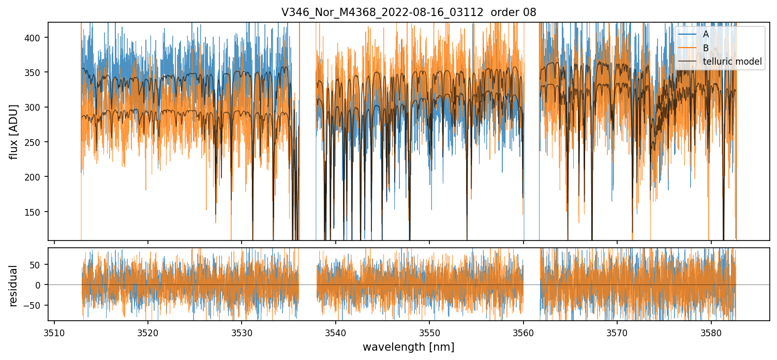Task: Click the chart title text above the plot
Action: [409, 12]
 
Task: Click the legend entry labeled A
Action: [706, 35]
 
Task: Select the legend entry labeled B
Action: [706, 48]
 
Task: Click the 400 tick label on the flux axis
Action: [37, 38]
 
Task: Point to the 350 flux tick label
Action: [37, 72]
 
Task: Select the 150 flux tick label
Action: [37, 212]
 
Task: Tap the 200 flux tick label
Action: [37, 177]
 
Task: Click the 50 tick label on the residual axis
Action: [40, 264]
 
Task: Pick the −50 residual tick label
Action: [38, 305]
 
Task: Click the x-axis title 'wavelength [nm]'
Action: [408, 347]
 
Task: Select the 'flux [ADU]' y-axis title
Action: [14, 131]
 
